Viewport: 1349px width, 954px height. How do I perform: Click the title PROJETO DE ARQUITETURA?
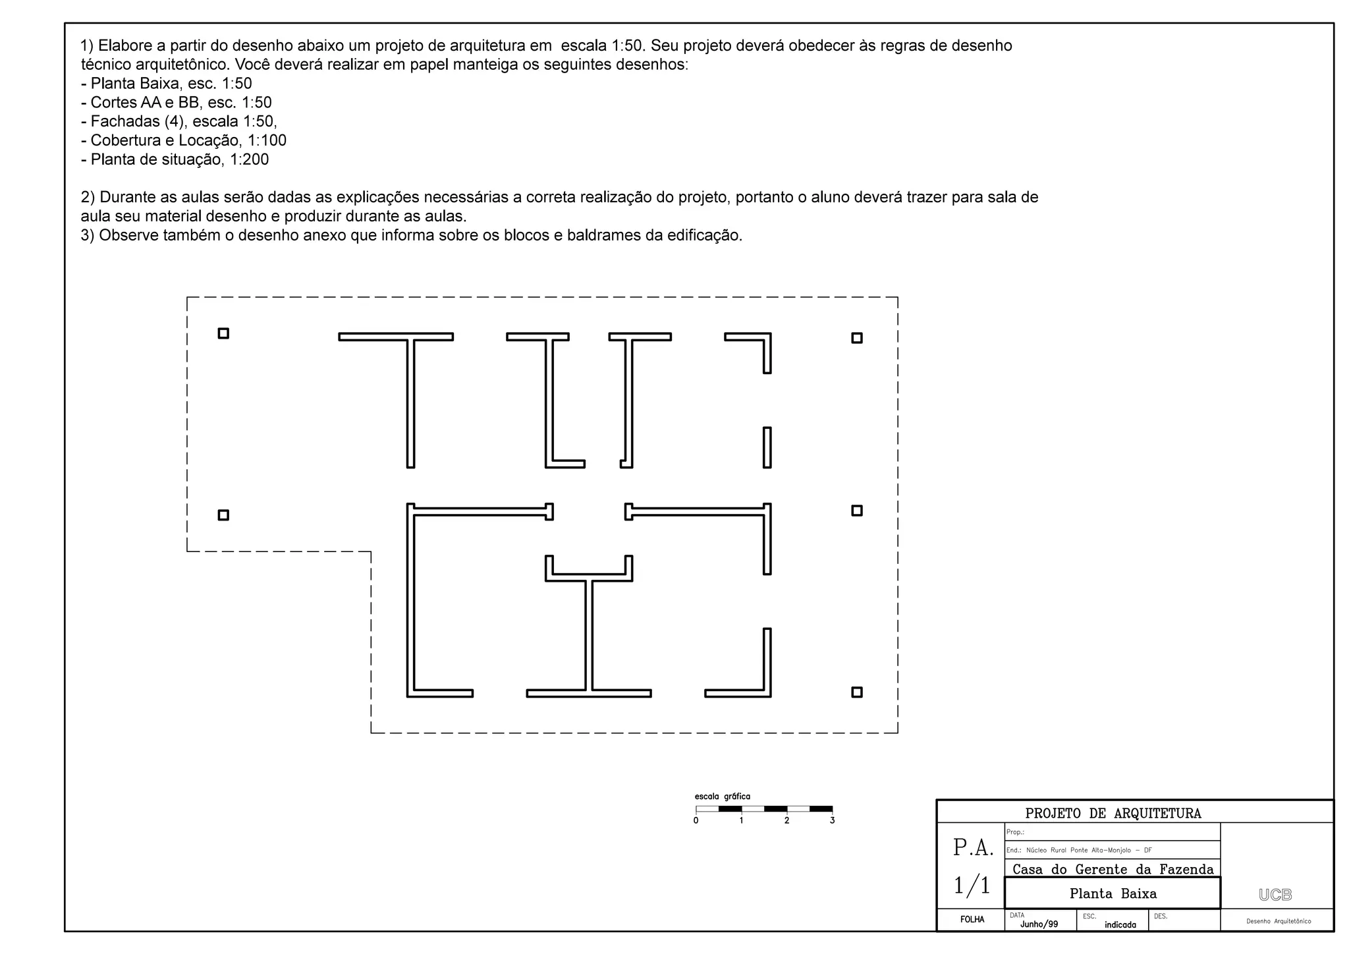(x=1113, y=814)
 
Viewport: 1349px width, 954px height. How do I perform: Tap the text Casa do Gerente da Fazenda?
(x=1113, y=869)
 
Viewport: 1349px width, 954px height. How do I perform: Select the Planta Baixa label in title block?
(x=1113, y=894)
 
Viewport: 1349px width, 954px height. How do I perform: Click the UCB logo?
(x=1275, y=895)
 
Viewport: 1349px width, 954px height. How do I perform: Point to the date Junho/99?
(x=1039, y=924)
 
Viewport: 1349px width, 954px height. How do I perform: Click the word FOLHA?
(x=972, y=920)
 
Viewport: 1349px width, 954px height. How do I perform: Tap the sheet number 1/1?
(x=972, y=885)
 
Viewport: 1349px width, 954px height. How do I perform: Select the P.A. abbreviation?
(x=973, y=848)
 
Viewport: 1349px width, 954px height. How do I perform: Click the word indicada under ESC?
(x=1120, y=925)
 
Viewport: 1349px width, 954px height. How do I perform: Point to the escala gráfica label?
(x=722, y=797)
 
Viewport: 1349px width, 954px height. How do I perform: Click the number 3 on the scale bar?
(x=832, y=821)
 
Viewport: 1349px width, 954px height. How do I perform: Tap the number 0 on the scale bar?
(x=696, y=821)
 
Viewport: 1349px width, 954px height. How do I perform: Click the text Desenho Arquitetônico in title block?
(x=1278, y=921)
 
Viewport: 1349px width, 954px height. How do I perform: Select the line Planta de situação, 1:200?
(x=175, y=159)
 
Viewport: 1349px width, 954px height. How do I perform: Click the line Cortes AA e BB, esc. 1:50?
(x=177, y=103)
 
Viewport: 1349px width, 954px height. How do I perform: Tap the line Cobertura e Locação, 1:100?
(x=184, y=140)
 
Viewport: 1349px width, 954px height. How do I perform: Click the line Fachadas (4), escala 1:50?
(x=179, y=122)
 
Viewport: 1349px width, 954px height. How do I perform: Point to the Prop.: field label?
(x=1015, y=832)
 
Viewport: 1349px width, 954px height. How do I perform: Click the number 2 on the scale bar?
(x=786, y=821)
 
